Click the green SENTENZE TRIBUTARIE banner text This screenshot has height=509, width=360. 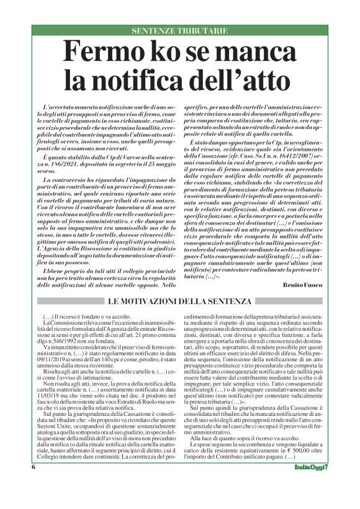[x=180, y=31]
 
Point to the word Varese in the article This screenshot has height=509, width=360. [x=120, y=143]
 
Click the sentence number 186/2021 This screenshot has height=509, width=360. [x=71, y=150]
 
